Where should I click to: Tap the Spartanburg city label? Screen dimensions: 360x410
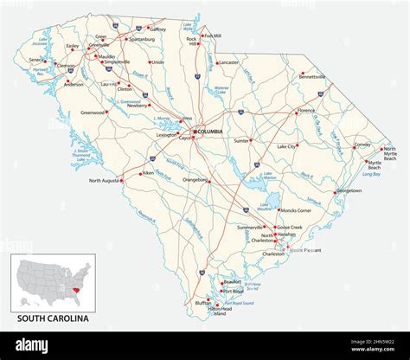[141, 39]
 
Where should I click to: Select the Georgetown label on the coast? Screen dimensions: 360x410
[349, 190]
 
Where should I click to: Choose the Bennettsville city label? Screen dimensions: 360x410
[312, 77]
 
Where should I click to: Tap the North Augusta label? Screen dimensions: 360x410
[106, 181]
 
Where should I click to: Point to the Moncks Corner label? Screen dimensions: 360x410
[302, 211]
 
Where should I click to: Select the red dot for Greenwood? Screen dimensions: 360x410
[107, 112]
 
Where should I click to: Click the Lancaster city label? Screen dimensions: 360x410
[230, 62]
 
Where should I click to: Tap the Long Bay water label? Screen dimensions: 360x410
[371, 174]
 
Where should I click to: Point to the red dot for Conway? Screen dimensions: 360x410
[352, 146]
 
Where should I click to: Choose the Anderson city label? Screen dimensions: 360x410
[74, 85]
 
